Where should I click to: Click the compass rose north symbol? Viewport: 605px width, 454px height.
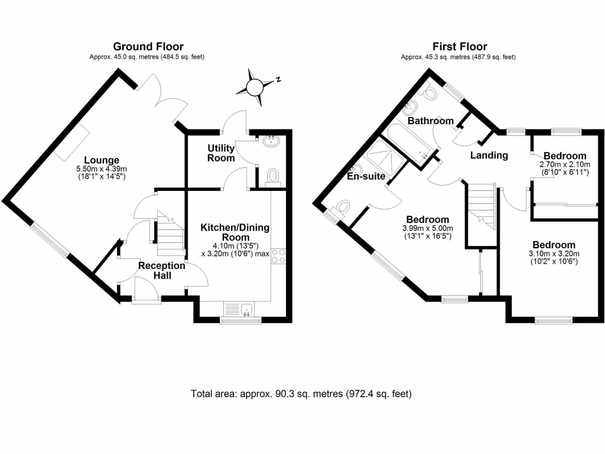coord(256,87)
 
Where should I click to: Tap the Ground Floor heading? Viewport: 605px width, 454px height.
coord(148,47)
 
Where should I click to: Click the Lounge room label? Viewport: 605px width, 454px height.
coord(102,160)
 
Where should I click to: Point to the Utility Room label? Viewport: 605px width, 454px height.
coord(221,153)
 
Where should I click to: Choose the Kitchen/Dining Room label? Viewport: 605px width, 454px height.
coord(235,232)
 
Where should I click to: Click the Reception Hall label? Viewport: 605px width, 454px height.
coord(161,270)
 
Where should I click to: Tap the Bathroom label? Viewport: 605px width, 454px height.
coord(431,121)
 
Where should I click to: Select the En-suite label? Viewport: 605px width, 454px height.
coord(366,176)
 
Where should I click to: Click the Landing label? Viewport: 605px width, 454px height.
coord(489,155)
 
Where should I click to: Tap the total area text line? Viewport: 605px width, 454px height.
coord(301,394)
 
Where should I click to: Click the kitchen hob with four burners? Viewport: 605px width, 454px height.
coord(279,256)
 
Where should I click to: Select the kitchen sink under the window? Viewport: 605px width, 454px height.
coord(240,309)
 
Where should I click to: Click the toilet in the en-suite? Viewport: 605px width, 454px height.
coord(342,209)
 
